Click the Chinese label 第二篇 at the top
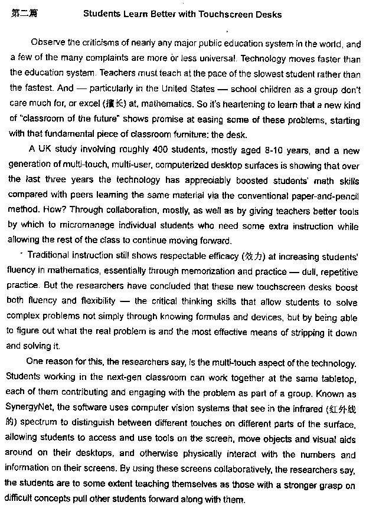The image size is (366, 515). click(x=24, y=14)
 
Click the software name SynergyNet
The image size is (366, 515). click(x=30, y=409)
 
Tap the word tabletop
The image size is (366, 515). click(x=336, y=378)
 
